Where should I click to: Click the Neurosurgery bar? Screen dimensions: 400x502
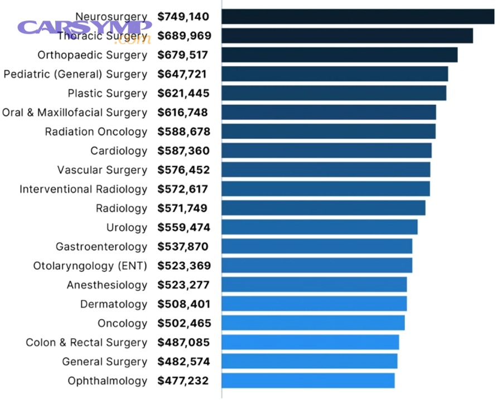click(x=358, y=17)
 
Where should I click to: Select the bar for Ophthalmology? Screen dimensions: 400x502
click(x=308, y=381)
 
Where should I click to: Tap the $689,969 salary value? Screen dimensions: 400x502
click(x=184, y=36)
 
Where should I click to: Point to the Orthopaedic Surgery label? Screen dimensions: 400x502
click(x=93, y=55)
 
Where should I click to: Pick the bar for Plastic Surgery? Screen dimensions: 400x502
click(x=334, y=93)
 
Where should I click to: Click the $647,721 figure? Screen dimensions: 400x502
click(x=182, y=74)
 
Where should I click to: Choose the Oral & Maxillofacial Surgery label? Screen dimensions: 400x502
click(x=75, y=113)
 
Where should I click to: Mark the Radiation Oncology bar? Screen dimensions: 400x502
click(x=328, y=131)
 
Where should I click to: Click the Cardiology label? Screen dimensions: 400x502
click(x=119, y=151)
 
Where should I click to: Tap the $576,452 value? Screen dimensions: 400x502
click(x=184, y=170)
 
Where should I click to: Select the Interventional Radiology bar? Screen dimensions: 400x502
click(x=325, y=189)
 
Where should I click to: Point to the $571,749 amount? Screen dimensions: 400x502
click(x=182, y=208)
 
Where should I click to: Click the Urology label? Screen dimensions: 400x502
click(x=127, y=227)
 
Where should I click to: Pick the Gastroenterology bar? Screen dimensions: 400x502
click(x=317, y=246)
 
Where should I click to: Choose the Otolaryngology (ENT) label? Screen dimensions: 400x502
click(x=90, y=266)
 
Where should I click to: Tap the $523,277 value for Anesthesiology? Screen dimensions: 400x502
click(x=184, y=285)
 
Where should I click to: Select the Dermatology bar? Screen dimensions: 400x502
click(x=314, y=304)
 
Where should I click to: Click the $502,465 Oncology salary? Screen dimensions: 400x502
click(x=184, y=323)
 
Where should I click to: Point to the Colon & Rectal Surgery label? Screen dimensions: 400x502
click(x=86, y=343)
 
